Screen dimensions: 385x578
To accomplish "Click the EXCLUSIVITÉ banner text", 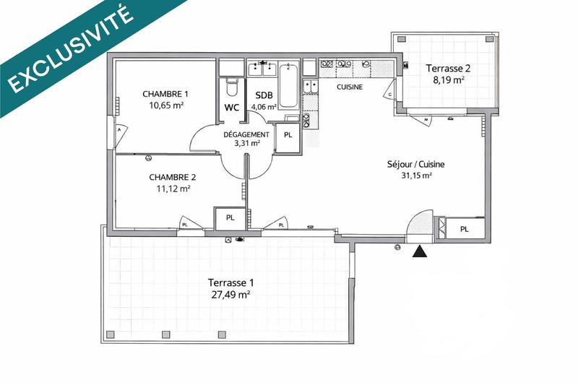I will (x=72, y=49).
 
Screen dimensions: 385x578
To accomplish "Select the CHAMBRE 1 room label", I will (x=165, y=94).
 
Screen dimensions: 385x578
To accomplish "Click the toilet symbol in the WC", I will (x=231, y=88).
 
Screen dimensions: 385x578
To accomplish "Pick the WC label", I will (x=232, y=108).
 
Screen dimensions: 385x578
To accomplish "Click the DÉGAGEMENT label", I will (x=246, y=134).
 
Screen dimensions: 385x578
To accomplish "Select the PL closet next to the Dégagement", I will (x=288, y=136).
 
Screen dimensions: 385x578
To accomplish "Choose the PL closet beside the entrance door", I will (x=464, y=229).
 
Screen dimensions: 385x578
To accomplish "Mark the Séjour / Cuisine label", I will (x=415, y=164).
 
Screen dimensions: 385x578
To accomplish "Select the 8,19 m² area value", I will (x=448, y=81).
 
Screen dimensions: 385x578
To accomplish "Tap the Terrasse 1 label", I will (x=230, y=282).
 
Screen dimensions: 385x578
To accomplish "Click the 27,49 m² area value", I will (x=230, y=295).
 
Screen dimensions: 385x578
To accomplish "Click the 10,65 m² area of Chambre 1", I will (x=165, y=105).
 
